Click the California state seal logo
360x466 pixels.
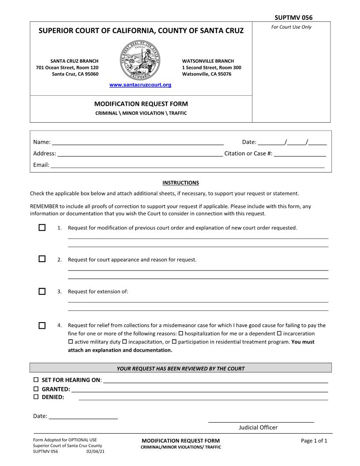click(x=140, y=61)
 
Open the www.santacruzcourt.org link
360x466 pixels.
click(x=140, y=85)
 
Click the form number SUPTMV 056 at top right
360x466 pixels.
click(x=293, y=18)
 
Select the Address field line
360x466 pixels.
click(x=140, y=154)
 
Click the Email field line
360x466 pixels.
click(x=187, y=165)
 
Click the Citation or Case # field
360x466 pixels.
click(x=300, y=154)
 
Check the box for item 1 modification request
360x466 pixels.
click(x=42, y=228)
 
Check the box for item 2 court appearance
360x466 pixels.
click(x=42, y=259)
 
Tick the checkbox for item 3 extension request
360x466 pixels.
click(x=42, y=291)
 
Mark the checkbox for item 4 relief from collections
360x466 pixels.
click(x=42, y=326)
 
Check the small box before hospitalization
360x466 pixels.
click(x=181, y=333)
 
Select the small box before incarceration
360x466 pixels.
click(x=279, y=333)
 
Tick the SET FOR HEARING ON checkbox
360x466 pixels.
click(x=36, y=380)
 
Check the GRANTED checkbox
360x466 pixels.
click(x=36, y=389)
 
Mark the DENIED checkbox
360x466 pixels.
click(x=36, y=397)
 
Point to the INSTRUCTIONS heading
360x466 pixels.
click(x=180, y=183)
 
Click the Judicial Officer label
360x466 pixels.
click(x=258, y=427)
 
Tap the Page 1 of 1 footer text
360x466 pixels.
click(x=314, y=440)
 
